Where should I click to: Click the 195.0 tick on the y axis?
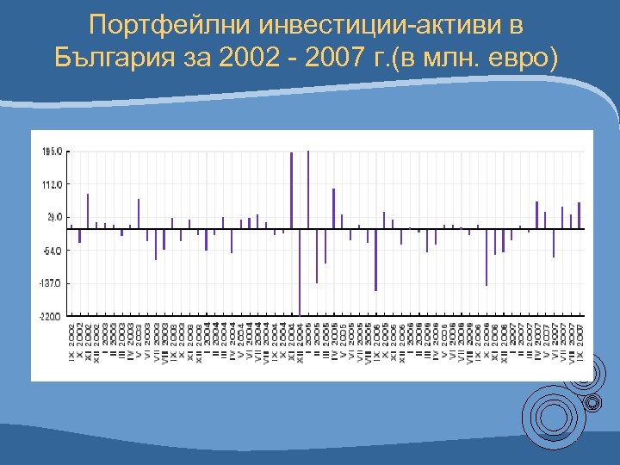52,152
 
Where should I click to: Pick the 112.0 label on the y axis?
52,184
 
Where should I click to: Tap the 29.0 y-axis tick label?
53,217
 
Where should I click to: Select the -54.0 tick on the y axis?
52,251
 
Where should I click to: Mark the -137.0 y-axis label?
51,283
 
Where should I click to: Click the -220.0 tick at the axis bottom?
51,317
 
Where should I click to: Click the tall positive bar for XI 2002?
88,211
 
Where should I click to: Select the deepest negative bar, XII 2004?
300,271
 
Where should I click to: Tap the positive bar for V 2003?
139,214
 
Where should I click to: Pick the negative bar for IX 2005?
376,260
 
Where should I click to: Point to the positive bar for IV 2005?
333,208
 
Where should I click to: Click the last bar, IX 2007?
580,215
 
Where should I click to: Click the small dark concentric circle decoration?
592,402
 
